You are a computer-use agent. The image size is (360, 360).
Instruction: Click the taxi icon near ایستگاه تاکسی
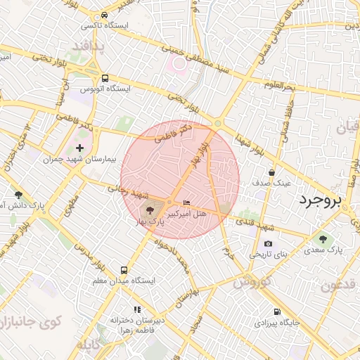coord(104,15)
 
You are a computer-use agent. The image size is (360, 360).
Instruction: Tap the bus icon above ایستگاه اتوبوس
coord(105,78)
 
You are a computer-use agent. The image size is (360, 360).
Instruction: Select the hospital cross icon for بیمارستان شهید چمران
coord(79,148)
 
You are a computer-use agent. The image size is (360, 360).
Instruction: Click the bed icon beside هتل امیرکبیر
coord(186,202)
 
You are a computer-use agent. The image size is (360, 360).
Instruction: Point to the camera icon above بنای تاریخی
coord(269,243)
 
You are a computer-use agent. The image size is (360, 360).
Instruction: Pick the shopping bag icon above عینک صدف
coord(271,172)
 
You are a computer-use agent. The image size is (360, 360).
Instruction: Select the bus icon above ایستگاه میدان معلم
coord(124,271)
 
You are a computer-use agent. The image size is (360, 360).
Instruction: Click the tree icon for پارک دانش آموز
coord(18,194)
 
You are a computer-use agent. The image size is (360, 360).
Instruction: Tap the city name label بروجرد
coord(320,200)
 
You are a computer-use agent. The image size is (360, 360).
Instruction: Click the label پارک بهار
coord(156,221)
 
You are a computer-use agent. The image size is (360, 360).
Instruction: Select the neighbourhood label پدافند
coord(87,46)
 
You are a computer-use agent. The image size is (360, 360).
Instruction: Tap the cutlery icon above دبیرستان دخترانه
coord(137,309)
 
